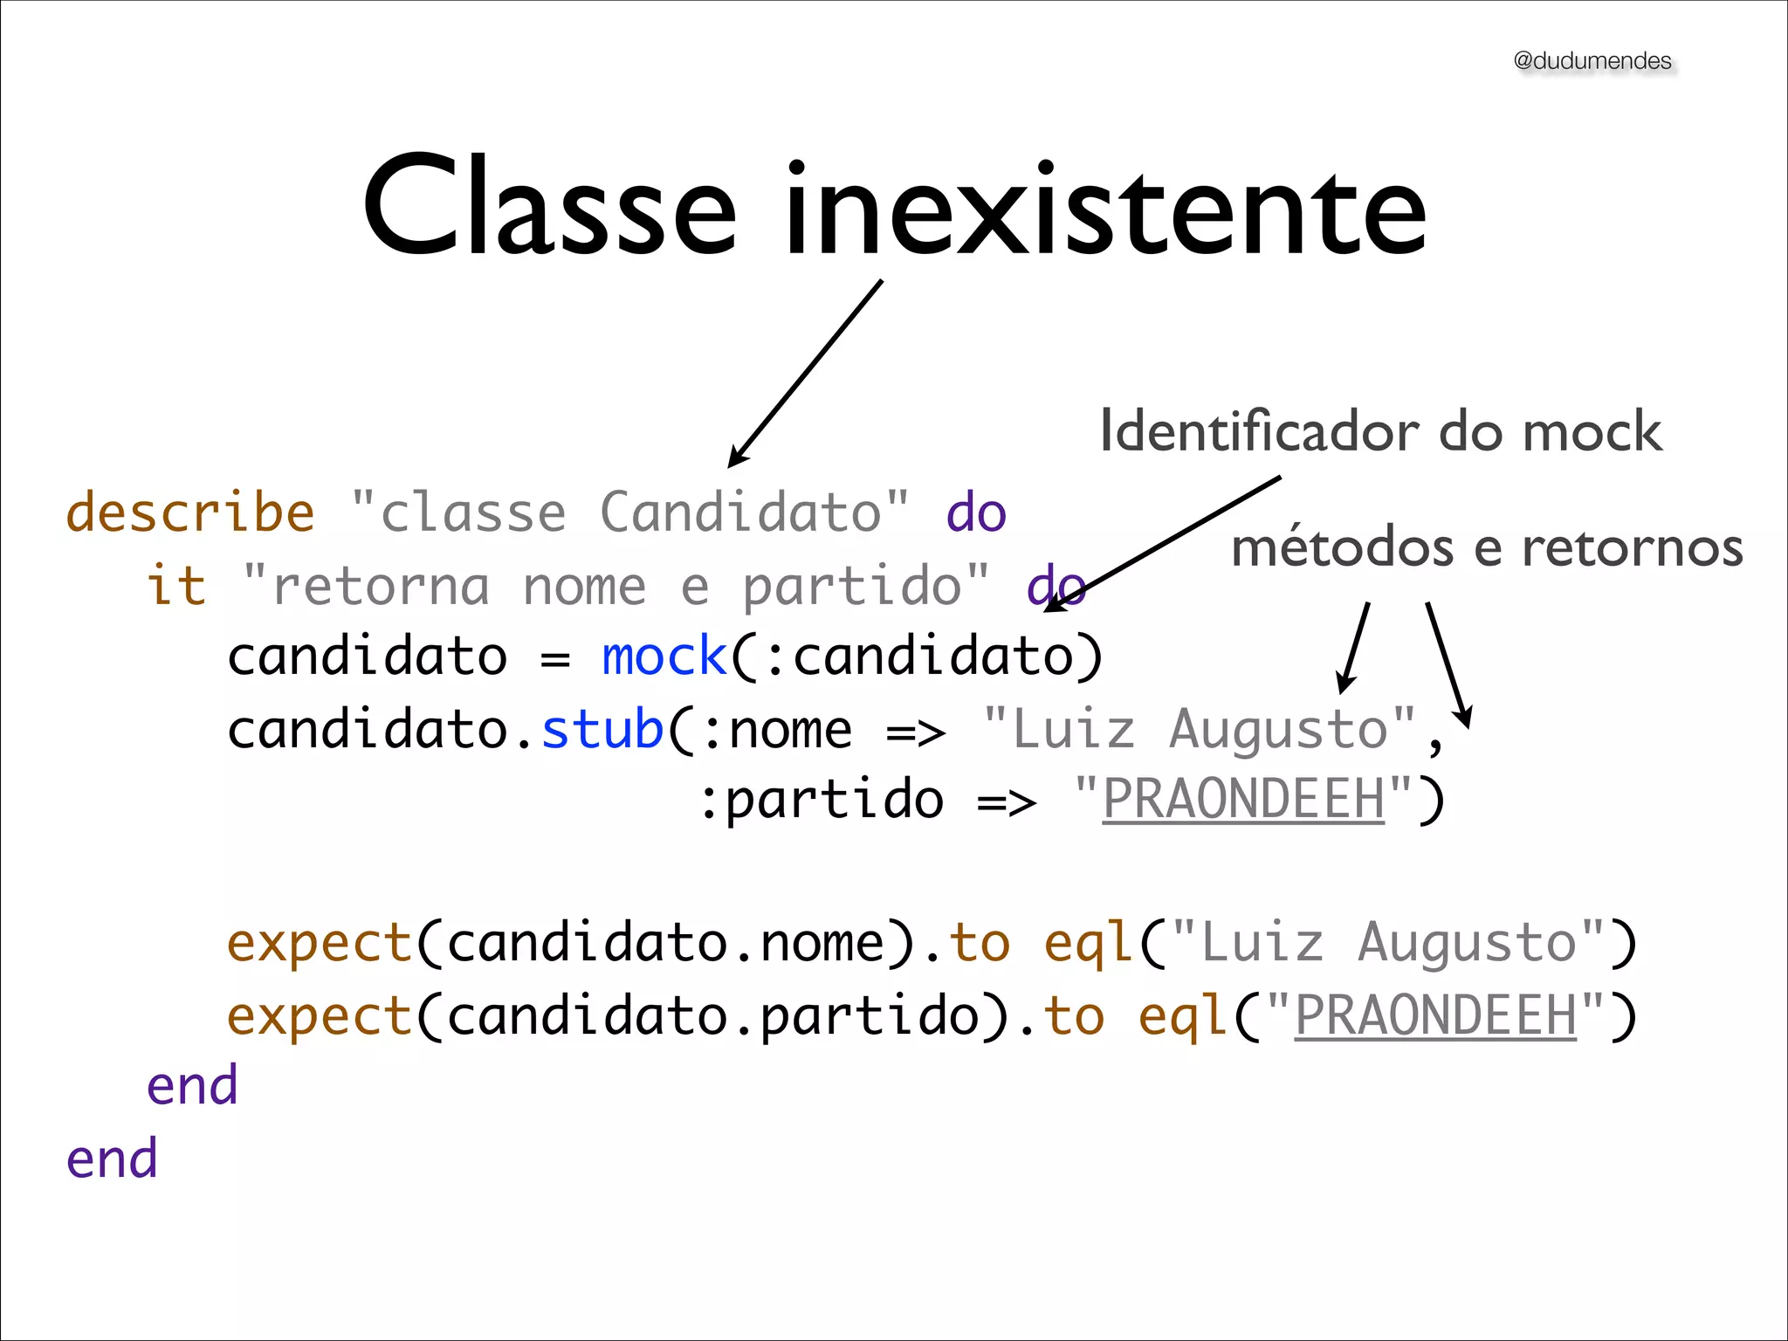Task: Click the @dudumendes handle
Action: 1592,61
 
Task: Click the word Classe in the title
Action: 550,210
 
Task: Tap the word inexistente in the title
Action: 1105,210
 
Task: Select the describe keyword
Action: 190,512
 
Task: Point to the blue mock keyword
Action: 664,657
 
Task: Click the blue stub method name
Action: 602,730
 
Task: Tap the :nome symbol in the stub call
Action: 777,731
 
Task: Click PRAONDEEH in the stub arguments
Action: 1243,799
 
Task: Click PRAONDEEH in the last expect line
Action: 1435,1015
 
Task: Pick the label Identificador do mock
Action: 1380,431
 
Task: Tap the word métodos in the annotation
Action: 1343,548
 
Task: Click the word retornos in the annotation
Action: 1633,548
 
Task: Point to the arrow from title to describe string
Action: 805,374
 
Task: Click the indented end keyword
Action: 192,1086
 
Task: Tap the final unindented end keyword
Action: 112,1159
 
